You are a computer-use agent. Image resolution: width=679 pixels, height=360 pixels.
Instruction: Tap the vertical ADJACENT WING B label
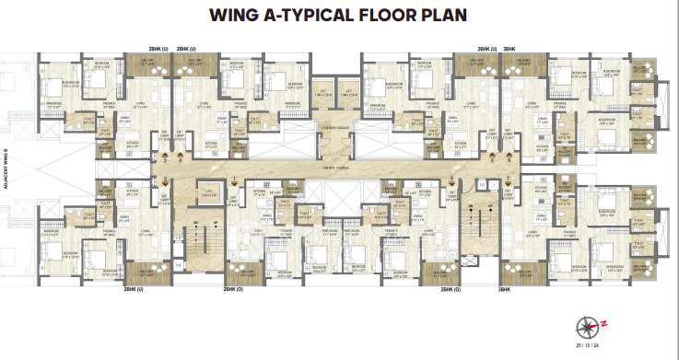coord(7,168)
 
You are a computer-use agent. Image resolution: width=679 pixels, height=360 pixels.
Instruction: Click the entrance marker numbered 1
coord(235,179)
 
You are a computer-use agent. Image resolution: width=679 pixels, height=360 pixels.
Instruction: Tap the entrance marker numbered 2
coord(165,179)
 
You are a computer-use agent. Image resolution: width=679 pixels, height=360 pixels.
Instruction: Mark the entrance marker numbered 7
coord(508,179)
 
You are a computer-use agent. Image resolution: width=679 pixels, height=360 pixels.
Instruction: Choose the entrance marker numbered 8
coord(451,179)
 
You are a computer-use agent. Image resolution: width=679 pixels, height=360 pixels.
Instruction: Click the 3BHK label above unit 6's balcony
coord(509,47)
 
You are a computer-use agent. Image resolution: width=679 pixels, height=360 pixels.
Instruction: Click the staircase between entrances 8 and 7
coord(480,226)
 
